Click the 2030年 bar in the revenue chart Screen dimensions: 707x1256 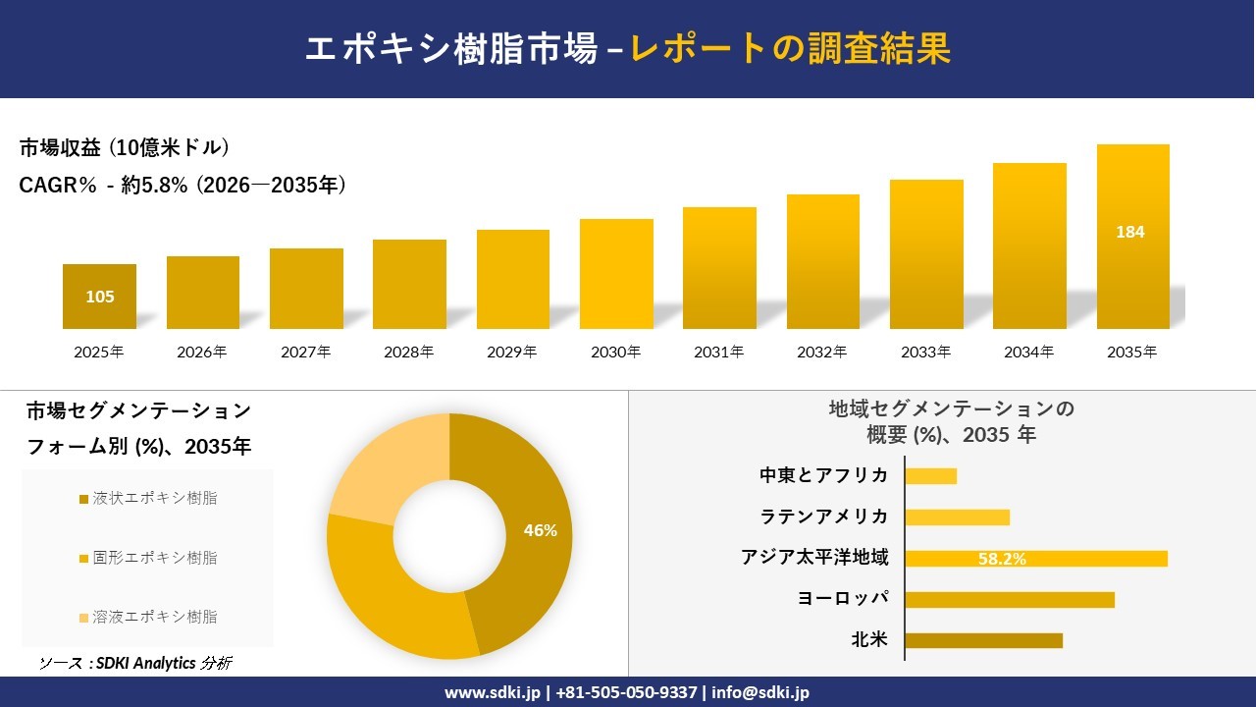click(616, 274)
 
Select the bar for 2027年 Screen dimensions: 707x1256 click(306, 289)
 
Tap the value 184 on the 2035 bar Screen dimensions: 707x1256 click(1130, 233)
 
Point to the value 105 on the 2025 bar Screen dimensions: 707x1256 click(100, 297)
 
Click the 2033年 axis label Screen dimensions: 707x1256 click(926, 352)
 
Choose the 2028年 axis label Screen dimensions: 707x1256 click(409, 352)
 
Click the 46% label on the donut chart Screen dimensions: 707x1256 click(540, 530)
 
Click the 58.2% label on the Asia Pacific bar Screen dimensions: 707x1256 click(1002, 559)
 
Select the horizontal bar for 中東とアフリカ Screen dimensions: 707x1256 click(930, 476)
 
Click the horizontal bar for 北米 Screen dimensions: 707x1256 click(983, 640)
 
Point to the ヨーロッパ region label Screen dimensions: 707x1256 click(843, 599)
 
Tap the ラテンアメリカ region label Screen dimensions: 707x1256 click(824, 517)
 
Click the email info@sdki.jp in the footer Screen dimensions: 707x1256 click(760, 692)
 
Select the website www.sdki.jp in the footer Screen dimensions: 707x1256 click(494, 692)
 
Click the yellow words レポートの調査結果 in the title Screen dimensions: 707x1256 click(790, 49)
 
